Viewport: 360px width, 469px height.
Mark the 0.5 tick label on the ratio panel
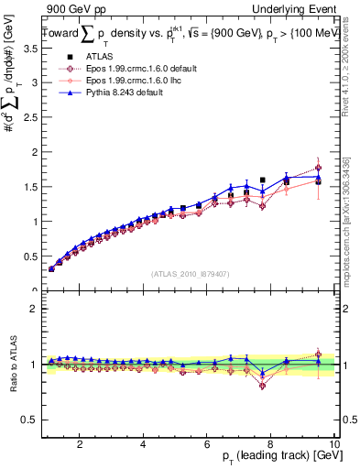tap(28, 420)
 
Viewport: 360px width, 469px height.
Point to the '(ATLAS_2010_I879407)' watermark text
tap(191, 273)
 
